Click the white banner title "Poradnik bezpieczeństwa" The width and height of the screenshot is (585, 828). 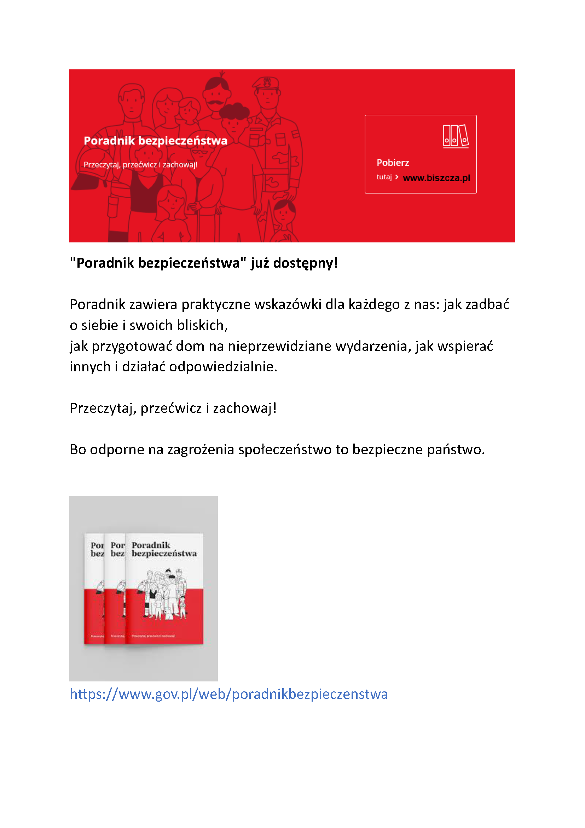(155, 141)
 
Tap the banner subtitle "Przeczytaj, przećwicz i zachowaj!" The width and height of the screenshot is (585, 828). (140, 165)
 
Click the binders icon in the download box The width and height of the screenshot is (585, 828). (456, 136)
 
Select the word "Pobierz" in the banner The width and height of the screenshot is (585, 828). (393, 163)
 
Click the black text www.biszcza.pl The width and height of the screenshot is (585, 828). (436, 178)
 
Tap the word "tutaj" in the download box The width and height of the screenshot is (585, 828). (384, 177)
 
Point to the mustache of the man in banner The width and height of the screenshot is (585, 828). (215, 102)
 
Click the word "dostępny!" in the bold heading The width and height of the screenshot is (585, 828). (306, 263)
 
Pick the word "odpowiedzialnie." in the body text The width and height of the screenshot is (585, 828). (223, 367)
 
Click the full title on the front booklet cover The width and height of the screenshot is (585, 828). (164, 549)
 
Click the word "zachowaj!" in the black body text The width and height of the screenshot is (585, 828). (245, 408)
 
